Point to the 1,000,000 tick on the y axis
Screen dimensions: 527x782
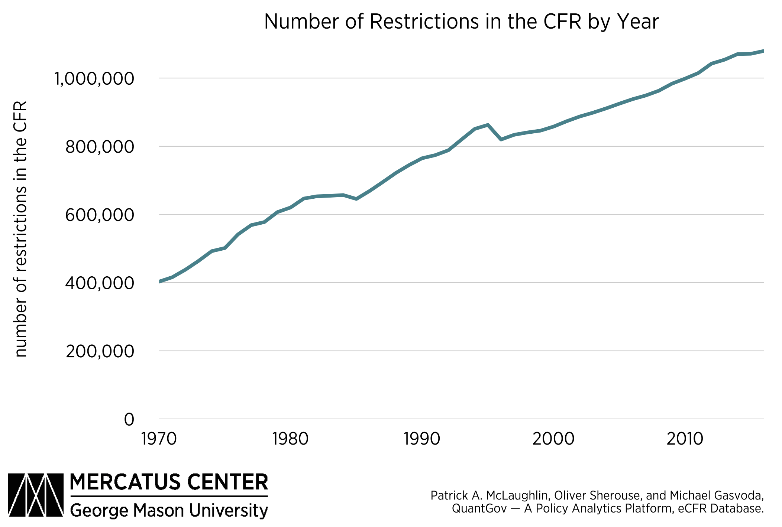click(94, 79)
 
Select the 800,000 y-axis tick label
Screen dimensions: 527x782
click(99, 147)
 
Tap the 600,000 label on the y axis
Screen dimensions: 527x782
click(99, 215)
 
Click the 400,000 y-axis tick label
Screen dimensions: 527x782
click(99, 283)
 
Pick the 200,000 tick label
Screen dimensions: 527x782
click(99, 351)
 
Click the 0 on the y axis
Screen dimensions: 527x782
click(129, 420)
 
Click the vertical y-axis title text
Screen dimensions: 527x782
click(20, 229)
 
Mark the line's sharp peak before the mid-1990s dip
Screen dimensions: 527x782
click(488, 125)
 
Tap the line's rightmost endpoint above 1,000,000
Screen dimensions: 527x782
click(763, 51)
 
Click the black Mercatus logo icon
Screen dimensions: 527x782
click(36, 495)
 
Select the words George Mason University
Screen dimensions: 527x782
click(169, 510)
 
